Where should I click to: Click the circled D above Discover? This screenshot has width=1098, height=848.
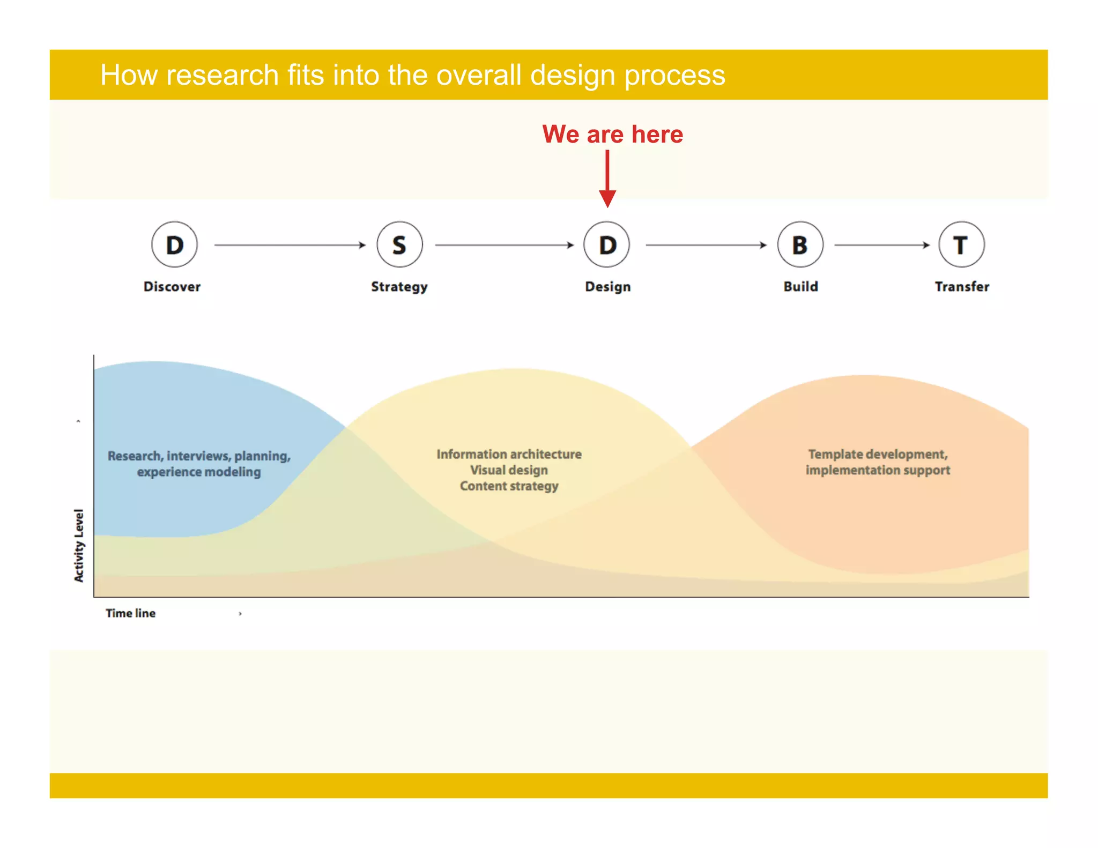point(174,245)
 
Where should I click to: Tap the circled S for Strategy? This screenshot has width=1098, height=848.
point(399,245)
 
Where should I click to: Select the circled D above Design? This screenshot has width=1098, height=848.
point(607,245)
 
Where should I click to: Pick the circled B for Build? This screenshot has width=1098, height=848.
point(800,245)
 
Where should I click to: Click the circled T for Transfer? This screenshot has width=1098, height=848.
point(961,245)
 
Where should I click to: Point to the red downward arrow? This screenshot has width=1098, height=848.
point(607,180)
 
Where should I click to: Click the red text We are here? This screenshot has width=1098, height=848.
point(612,134)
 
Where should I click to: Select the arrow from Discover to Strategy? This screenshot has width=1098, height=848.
point(290,245)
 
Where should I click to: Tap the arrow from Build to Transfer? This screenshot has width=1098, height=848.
point(882,245)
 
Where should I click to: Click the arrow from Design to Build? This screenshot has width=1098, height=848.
point(706,245)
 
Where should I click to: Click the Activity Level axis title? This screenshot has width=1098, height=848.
point(79,545)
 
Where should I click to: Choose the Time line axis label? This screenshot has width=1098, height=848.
point(130,613)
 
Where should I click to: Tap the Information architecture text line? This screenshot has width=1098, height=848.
point(509,454)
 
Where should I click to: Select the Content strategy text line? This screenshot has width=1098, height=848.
point(509,486)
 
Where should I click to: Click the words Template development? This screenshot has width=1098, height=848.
point(877,454)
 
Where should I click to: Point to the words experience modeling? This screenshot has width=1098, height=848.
point(199,472)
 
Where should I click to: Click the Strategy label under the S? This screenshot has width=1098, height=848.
point(399,287)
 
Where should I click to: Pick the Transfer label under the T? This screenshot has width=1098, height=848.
point(962,287)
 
